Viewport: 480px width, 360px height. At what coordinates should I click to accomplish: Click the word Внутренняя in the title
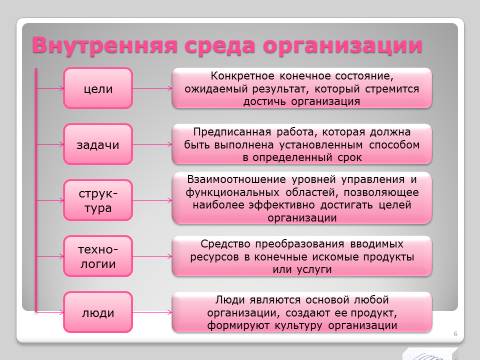[x=105, y=45]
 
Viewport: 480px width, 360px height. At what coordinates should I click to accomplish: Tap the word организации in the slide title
[x=343, y=46]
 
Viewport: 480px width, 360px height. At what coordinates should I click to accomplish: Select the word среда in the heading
[x=220, y=45]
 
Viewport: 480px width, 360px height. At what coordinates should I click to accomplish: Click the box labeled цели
[x=98, y=88]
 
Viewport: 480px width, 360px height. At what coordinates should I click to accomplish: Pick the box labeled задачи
[x=98, y=144]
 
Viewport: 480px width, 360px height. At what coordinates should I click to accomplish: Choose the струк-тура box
[x=98, y=200]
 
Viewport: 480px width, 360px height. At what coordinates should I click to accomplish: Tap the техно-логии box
[x=98, y=256]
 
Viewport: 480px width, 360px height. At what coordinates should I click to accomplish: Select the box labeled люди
[x=98, y=312]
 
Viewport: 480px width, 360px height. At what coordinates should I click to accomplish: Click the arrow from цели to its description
[x=153, y=88]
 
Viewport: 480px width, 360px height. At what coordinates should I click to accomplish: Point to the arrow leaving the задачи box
[x=153, y=144]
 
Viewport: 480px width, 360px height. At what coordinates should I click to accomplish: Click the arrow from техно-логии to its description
[x=153, y=256]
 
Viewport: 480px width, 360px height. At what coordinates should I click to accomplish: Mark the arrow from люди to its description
[x=153, y=312]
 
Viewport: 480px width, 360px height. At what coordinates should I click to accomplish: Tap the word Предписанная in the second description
[x=232, y=132]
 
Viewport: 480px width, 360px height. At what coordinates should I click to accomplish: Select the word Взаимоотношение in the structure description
[x=236, y=179]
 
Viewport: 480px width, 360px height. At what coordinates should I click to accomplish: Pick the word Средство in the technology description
[x=225, y=244]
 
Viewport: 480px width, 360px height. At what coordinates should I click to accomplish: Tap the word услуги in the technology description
[x=314, y=270]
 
